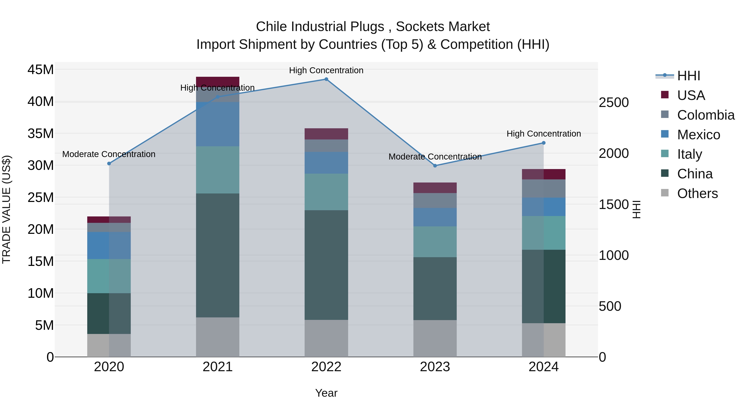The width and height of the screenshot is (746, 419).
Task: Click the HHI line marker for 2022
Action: (x=326, y=79)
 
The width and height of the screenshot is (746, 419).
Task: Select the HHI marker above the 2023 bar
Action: (x=435, y=166)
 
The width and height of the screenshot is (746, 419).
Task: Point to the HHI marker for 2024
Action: (x=544, y=143)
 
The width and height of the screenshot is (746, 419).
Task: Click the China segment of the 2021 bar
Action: (x=218, y=255)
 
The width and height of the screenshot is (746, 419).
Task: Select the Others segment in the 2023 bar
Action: (x=435, y=338)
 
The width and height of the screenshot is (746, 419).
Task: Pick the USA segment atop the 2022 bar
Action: (x=326, y=134)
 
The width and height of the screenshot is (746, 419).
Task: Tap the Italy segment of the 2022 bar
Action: (x=326, y=192)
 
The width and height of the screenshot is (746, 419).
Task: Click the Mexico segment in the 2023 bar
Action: (x=435, y=217)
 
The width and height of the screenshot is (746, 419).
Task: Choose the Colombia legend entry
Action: (x=698, y=115)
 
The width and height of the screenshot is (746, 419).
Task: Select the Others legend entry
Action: (x=689, y=193)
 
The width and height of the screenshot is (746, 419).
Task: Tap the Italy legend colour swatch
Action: (x=665, y=154)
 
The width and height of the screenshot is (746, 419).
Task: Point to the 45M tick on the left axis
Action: (x=41, y=70)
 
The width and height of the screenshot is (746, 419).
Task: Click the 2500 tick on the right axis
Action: (x=614, y=102)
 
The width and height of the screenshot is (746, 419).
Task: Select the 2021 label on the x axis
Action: (x=218, y=367)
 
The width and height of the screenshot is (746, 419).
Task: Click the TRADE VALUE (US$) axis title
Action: (x=6, y=209)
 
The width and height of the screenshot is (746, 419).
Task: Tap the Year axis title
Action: (x=326, y=393)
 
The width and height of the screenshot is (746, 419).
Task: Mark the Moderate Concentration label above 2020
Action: (x=109, y=154)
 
